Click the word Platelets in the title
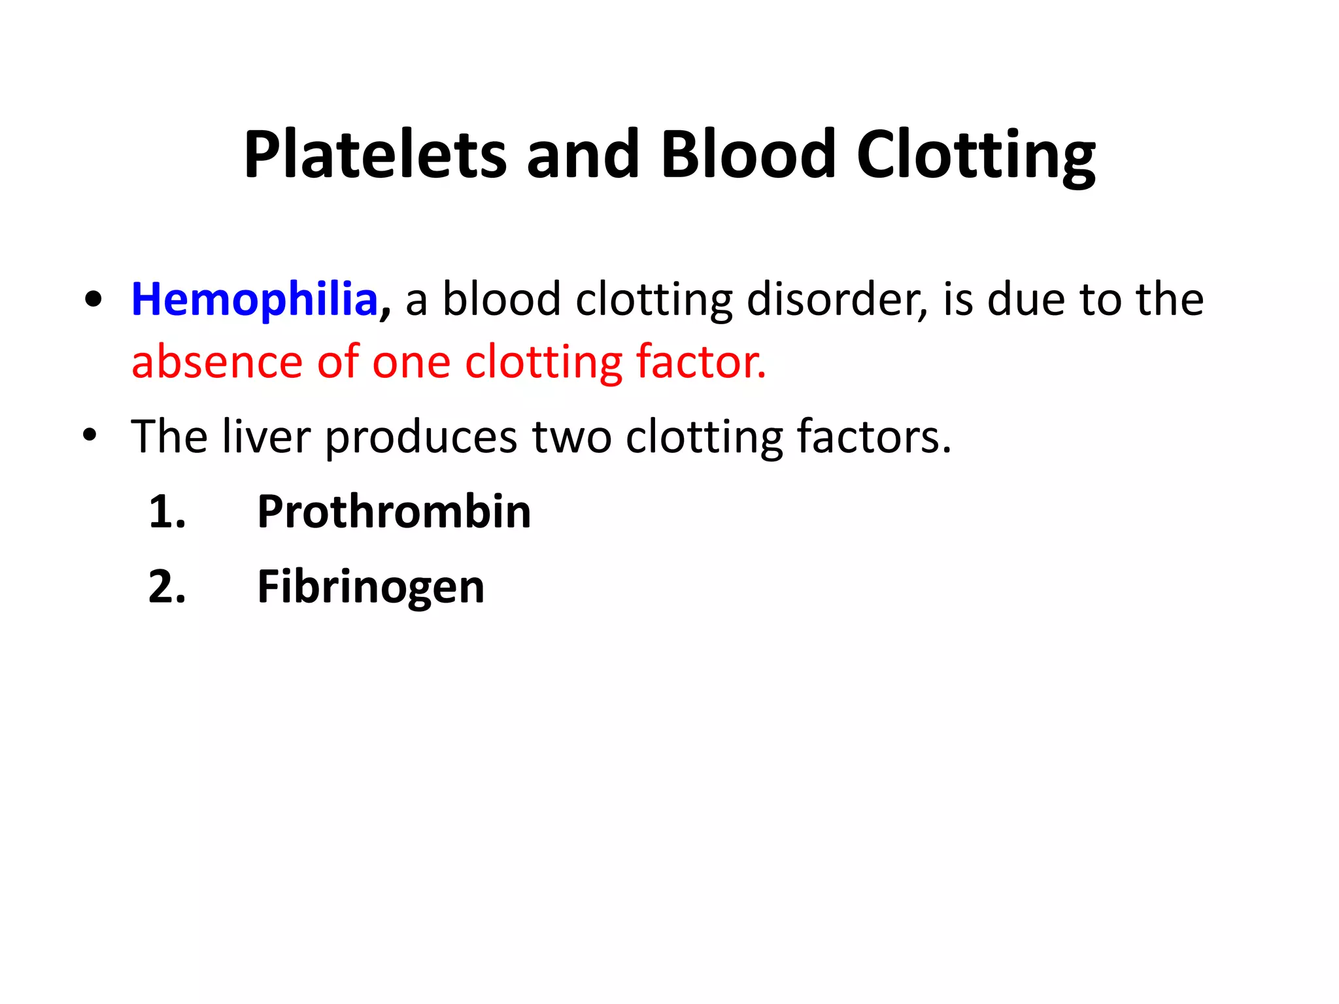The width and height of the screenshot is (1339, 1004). tap(375, 155)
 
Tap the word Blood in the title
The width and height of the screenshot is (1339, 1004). tap(748, 155)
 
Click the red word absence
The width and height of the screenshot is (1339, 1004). tap(216, 362)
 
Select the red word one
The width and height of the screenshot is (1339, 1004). tap(411, 363)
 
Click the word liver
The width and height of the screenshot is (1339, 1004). tap(265, 436)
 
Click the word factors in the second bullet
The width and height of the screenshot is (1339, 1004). tap(873, 436)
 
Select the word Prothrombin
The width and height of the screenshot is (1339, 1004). tap(394, 512)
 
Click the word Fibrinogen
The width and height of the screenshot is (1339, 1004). tap(371, 587)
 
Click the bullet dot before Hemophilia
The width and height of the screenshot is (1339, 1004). tap(93, 300)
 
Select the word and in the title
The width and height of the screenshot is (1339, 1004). tap(583, 155)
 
